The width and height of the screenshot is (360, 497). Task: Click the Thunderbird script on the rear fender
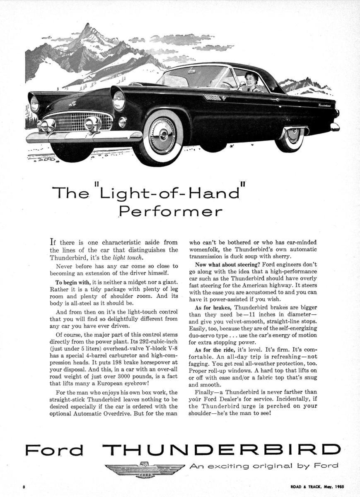pos(326,105)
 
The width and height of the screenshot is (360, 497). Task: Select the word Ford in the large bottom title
pos(54,449)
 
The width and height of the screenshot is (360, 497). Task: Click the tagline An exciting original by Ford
pos(263,466)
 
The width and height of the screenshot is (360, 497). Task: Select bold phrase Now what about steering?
pos(224,264)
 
